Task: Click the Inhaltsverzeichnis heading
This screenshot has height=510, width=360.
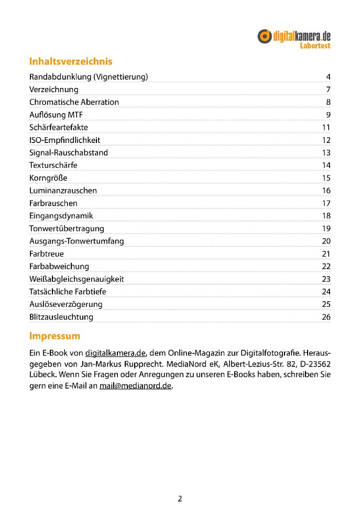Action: coord(71,61)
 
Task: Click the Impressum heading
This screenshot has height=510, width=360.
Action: coord(54,336)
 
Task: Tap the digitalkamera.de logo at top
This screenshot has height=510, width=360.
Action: coord(294,36)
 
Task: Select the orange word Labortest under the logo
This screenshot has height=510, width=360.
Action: coord(315,46)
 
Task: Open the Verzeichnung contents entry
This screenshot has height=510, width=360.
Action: coord(53,90)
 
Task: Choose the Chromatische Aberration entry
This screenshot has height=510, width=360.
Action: coord(74,102)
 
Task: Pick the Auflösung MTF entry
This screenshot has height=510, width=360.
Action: coord(56,115)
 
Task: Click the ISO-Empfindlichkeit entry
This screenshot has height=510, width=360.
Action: coord(64,140)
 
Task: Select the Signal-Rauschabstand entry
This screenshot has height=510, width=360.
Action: coord(69,153)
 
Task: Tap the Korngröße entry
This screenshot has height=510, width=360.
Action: coord(48,178)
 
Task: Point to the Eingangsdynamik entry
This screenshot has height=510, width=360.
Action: coord(61,216)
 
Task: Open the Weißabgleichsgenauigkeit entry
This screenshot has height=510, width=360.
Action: coord(77,279)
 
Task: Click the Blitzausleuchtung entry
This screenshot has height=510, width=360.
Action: coord(61,317)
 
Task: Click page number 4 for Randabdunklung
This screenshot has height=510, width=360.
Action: coord(328,77)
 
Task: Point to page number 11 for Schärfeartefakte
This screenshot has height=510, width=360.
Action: coord(326,127)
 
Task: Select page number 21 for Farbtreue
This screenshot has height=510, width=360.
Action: coord(326,254)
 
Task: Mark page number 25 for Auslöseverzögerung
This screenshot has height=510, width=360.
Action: coord(326,304)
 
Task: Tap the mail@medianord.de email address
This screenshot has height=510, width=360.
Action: coord(136,387)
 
